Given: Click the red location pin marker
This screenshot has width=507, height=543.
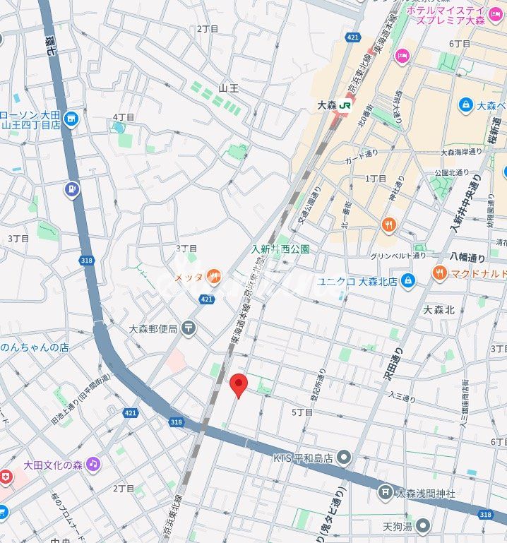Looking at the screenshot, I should pyautogui.click(x=239, y=385).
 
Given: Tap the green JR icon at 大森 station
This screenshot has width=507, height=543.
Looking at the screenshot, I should pyautogui.click(x=345, y=105).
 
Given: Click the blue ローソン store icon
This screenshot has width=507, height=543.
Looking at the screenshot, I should pyautogui.click(x=70, y=119).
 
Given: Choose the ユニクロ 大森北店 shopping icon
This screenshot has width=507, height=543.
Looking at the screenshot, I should pyautogui.click(x=407, y=281).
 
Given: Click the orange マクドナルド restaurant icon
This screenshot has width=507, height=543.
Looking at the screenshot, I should pyautogui.click(x=440, y=273).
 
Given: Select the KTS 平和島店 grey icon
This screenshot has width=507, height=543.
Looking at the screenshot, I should pyautogui.click(x=344, y=458).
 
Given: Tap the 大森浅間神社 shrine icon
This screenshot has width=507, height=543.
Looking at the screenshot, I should pyautogui.click(x=385, y=491).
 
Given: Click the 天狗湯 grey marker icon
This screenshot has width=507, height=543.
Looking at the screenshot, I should pyautogui.click(x=422, y=525).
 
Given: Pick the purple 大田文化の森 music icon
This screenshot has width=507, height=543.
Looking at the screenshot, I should pyautogui.click(x=93, y=464).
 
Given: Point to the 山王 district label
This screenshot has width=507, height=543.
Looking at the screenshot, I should pyautogui.click(x=228, y=88).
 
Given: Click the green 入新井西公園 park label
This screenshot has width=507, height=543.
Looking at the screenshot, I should pyautogui.click(x=280, y=249).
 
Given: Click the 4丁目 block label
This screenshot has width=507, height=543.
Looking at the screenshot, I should pyautogui.click(x=124, y=117).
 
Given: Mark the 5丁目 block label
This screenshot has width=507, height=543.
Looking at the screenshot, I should pyautogui.click(x=302, y=412).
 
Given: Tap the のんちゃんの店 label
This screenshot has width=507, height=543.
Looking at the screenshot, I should pyautogui.click(x=35, y=347).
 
